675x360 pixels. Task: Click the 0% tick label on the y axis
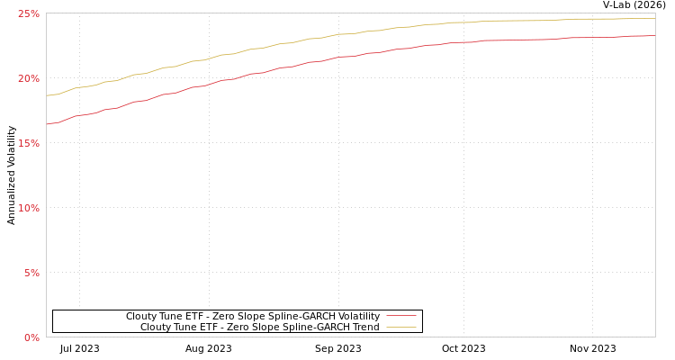tap(31, 337)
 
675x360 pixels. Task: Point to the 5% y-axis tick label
tap(31, 273)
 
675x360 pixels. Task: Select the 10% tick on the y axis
tap(29, 208)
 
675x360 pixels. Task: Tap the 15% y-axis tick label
tap(29, 143)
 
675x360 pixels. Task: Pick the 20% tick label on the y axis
tap(29, 78)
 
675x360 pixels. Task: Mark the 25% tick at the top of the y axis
tap(29, 13)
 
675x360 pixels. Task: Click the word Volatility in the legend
tap(360, 317)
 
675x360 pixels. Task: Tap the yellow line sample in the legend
tap(400, 328)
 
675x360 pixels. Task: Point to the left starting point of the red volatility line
tap(47, 124)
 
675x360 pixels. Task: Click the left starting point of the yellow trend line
tap(47, 95)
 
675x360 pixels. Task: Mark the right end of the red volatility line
tap(654, 36)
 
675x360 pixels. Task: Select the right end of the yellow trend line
tap(654, 18)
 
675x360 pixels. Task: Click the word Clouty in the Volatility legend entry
tap(142, 317)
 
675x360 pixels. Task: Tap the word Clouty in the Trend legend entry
tap(157, 328)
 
